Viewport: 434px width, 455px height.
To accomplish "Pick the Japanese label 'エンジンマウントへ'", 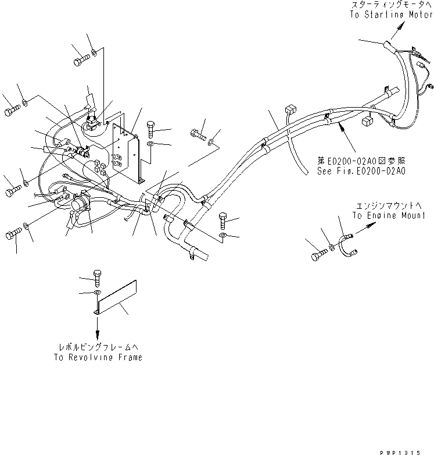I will pos(386,205).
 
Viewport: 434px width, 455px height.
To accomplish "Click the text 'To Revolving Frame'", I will pos(98,358).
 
